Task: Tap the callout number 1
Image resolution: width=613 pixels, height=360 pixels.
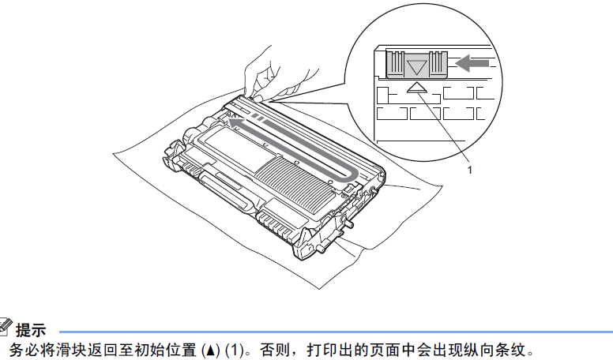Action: click(x=471, y=170)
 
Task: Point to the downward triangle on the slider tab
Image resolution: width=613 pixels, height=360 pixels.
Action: click(x=416, y=66)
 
